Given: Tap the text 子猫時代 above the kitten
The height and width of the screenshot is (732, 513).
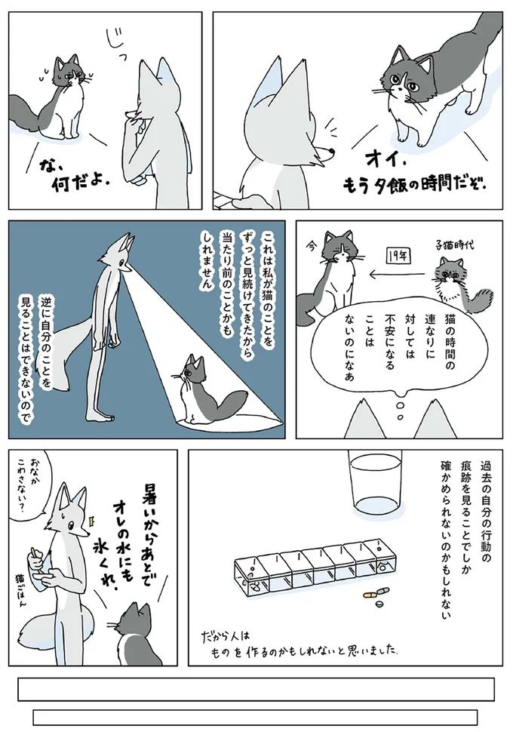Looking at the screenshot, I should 453,245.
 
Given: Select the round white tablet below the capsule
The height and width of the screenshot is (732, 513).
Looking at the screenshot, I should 379,604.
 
